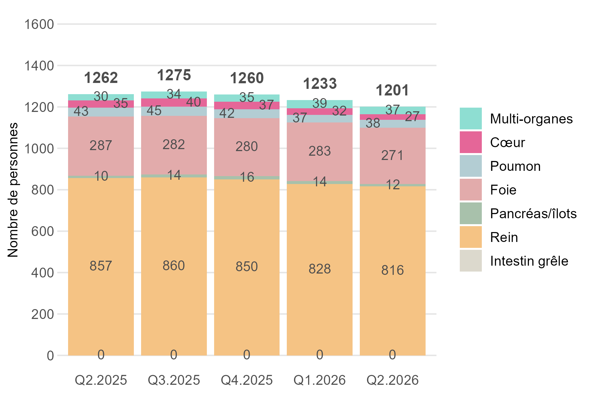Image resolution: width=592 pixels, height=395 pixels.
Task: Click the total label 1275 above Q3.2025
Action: (174, 75)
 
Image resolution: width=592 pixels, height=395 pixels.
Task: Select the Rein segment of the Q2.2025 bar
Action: (101, 267)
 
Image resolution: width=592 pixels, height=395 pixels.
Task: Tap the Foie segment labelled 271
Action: (393, 156)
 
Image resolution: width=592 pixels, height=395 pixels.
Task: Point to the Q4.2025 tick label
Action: (247, 380)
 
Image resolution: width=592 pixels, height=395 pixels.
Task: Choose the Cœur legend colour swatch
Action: (471, 142)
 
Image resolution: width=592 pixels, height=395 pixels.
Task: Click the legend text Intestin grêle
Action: (529, 261)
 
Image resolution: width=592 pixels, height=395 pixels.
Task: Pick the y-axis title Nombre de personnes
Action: (13, 190)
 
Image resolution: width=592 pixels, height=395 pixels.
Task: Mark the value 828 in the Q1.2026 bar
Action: (320, 269)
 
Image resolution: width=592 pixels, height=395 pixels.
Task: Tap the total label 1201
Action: (392, 91)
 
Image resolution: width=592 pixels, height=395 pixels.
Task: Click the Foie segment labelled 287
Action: (101, 146)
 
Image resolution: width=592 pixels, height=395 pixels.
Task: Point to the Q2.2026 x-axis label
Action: (393, 380)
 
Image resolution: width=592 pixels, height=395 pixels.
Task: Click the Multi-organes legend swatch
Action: (471, 118)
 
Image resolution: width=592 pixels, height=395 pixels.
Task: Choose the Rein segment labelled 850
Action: (247, 267)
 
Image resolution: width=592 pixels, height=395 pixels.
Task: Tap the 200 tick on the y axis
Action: (42, 314)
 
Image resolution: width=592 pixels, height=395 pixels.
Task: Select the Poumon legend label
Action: (515, 166)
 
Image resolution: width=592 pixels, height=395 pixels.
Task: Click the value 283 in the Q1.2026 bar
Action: (320, 151)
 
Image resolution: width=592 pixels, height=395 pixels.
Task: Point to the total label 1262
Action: (101, 78)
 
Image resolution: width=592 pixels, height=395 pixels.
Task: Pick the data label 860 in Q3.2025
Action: (174, 266)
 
